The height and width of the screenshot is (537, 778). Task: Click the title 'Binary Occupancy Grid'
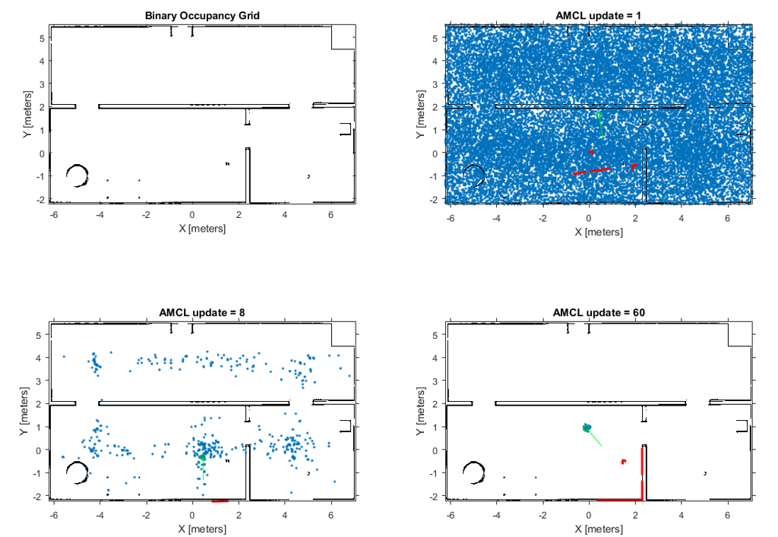tap(201, 14)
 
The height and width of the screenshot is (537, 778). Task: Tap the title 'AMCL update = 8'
tap(201, 311)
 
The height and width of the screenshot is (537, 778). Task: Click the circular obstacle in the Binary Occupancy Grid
tap(77, 175)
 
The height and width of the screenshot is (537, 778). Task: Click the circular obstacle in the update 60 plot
tap(474, 472)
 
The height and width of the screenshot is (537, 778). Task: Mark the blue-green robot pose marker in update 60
tap(587, 428)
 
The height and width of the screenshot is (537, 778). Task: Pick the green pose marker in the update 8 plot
tap(202, 457)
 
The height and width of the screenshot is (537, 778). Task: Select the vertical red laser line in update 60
tap(643, 472)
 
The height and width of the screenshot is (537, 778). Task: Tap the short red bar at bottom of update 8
tap(220, 501)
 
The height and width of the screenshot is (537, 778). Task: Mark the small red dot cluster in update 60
tap(623, 460)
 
